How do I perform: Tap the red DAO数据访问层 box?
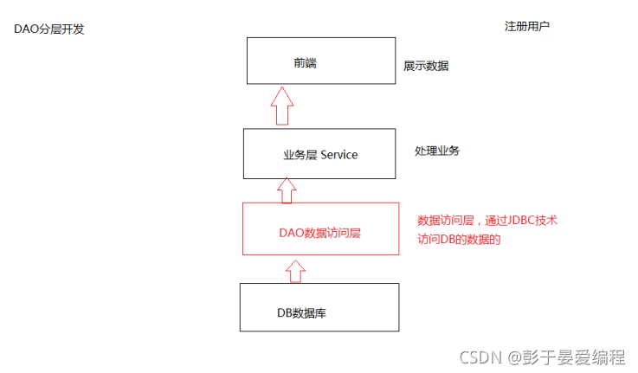[x=320, y=229]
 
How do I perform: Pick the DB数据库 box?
[x=319, y=307]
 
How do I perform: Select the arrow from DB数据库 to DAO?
[x=295, y=269]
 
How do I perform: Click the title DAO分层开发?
[x=49, y=29]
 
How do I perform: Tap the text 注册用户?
[x=527, y=26]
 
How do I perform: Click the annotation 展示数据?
[x=426, y=66]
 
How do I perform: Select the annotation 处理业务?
[x=437, y=151]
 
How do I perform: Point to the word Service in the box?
[x=339, y=155]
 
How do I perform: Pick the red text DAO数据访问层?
[x=319, y=232]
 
